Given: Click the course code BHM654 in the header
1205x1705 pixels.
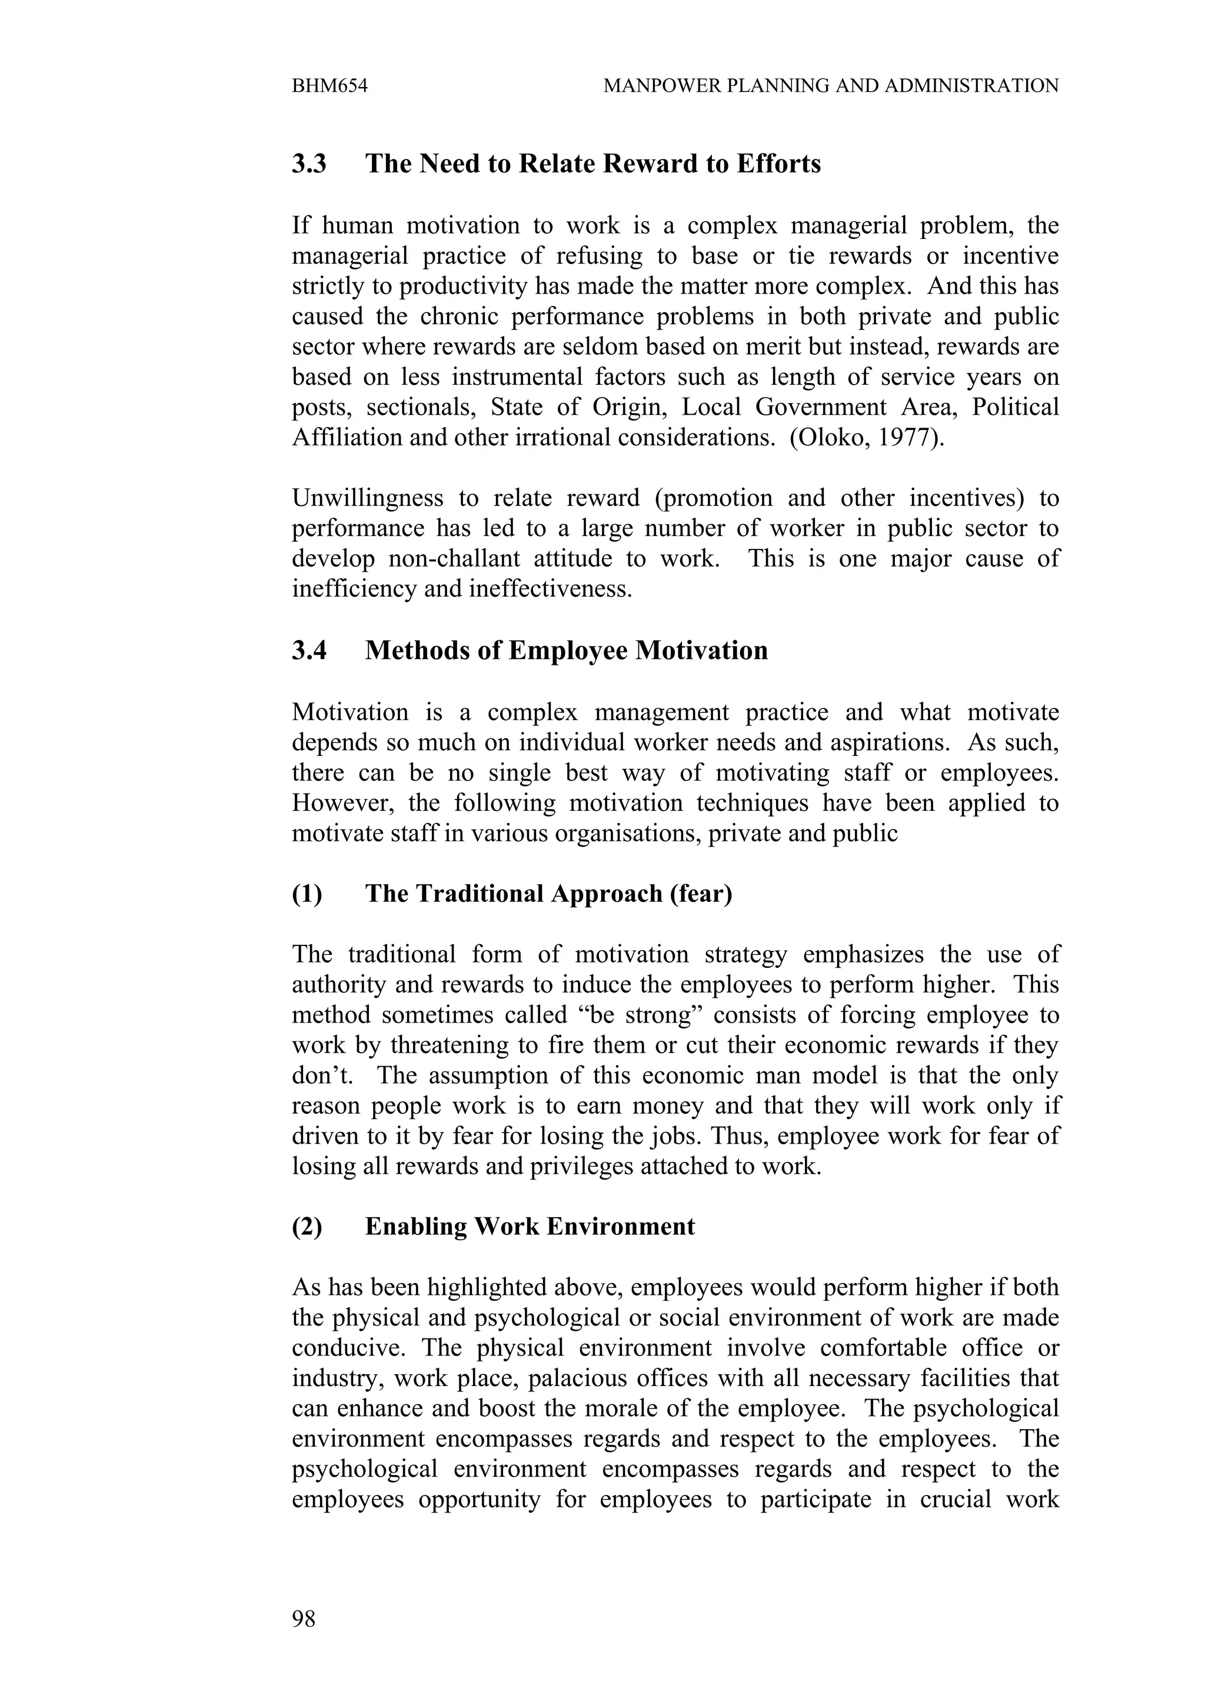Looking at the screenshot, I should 329,86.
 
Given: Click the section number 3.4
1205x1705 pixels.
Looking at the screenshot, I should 309,651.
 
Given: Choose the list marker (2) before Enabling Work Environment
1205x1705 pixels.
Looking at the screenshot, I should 307,1227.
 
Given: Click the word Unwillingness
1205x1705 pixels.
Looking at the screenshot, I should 367,498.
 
